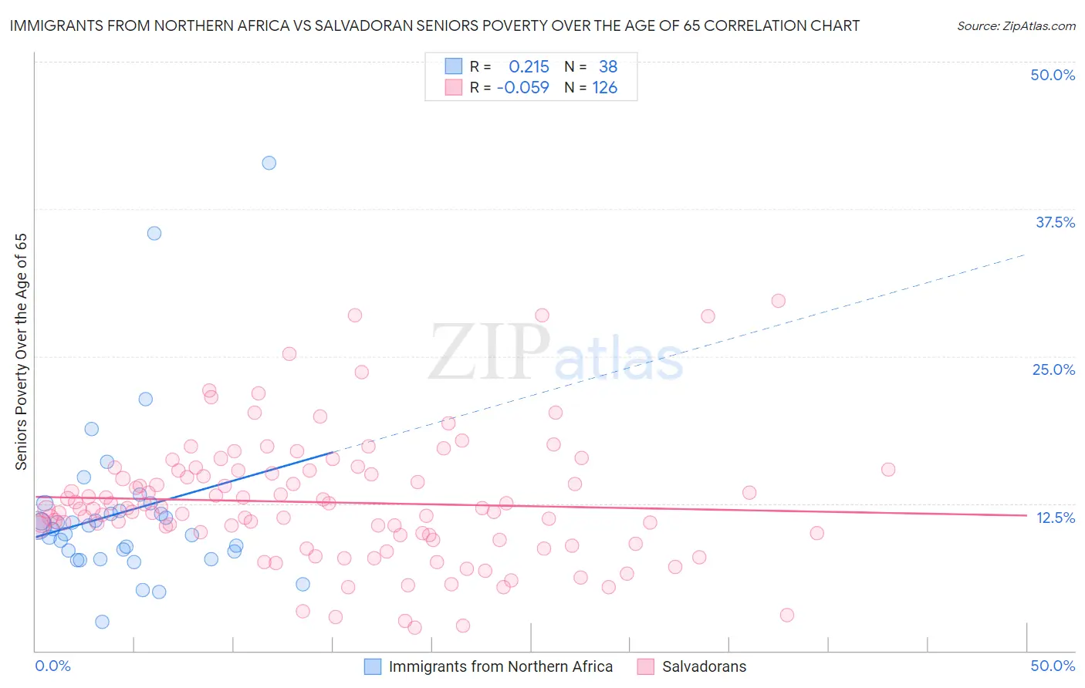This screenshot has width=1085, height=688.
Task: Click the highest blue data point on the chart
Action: point(269,163)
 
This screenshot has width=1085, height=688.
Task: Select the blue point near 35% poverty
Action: point(154,233)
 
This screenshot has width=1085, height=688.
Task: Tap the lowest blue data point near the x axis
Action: point(102,622)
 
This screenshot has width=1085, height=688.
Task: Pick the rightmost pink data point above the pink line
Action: point(888,470)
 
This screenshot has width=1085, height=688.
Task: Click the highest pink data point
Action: point(778,301)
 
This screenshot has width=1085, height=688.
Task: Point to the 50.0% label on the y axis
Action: point(1053,75)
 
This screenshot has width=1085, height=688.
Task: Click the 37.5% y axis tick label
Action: point(1055,222)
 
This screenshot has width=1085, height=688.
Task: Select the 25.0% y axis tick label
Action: point(1053,369)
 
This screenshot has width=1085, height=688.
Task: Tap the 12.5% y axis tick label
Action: point(1055,518)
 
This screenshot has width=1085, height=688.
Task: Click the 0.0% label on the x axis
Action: point(52,666)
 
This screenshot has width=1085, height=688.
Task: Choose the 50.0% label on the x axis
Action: point(1053,666)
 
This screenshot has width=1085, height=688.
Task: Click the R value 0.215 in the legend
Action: point(529,67)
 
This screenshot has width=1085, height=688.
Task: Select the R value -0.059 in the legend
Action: point(523,88)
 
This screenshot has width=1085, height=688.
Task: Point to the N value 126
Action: point(604,88)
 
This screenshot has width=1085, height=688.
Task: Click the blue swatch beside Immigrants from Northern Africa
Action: point(373,666)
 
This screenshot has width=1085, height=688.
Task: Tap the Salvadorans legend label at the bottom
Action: point(704,666)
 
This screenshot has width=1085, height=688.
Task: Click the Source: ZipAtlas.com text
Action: point(1016,26)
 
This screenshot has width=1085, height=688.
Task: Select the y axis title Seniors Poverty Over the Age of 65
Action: point(22,352)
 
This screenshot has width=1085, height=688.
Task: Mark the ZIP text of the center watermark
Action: point(489,353)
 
